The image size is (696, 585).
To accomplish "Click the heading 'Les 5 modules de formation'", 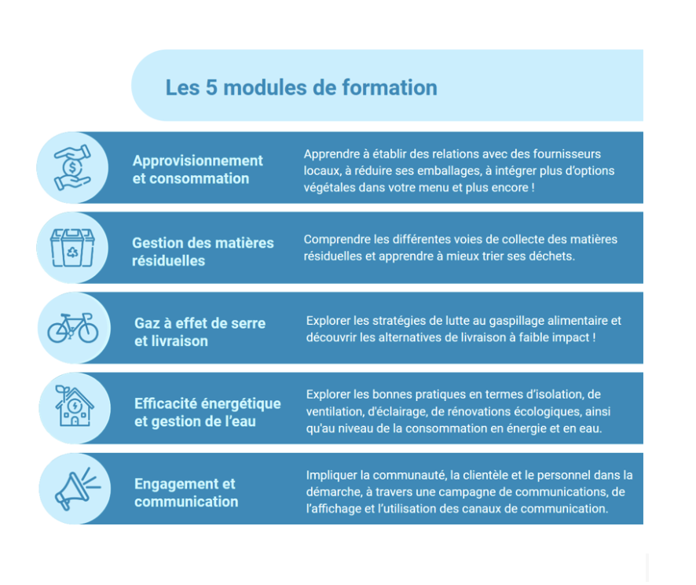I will [x=301, y=87].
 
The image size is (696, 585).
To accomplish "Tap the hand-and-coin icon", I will [x=72, y=167].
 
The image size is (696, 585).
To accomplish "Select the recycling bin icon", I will [x=72, y=248].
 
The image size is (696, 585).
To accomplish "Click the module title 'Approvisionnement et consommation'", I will [x=197, y=169].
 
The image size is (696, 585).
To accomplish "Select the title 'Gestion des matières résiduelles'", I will [x=203, y=251].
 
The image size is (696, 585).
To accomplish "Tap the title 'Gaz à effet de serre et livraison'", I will [x=200, y=332].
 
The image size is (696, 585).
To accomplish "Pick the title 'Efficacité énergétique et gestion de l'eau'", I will [x=207, y=412].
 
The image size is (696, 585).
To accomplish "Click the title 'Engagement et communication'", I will [x=186, y=492].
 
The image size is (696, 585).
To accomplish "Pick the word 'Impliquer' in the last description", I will [x=331, y=475].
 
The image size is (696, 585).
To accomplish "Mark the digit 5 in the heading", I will [x=211, y=87].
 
